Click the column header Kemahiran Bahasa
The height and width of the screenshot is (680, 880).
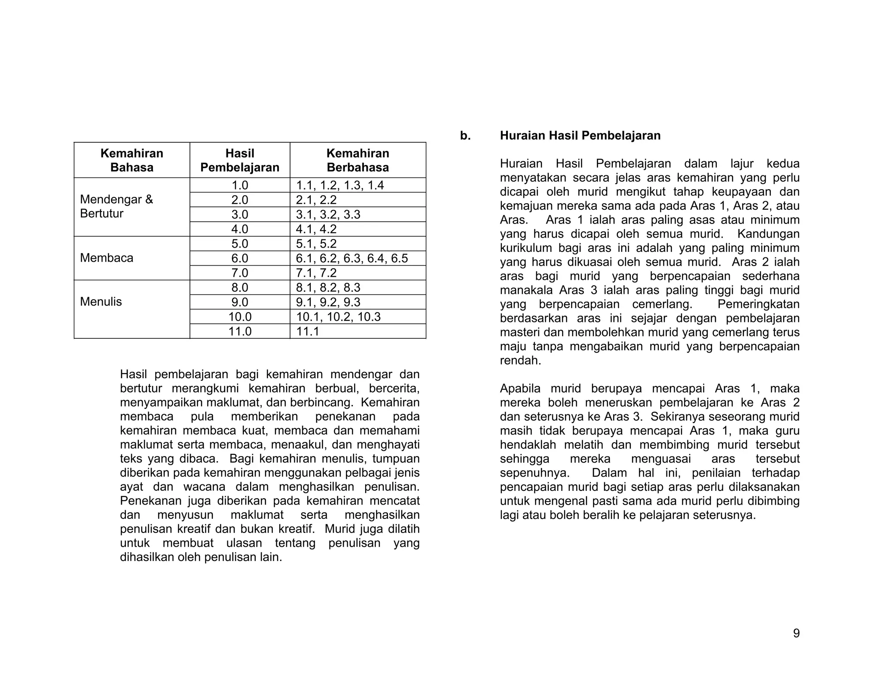coord(131,160)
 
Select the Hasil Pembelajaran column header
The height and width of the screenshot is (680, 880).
coord(240,160)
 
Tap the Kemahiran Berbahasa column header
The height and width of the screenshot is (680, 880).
coord(357,160)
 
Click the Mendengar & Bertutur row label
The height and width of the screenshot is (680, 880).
coord(116,206)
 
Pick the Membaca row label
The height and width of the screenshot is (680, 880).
coord(107,258)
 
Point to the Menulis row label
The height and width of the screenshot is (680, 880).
coord(101,302)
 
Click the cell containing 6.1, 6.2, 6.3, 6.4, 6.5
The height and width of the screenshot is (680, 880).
coord(351,258)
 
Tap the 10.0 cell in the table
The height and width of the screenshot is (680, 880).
coord(240,317)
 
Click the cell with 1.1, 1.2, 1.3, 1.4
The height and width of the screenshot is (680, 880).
coord(340,185)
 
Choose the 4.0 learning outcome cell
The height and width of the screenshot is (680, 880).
coord(240,229)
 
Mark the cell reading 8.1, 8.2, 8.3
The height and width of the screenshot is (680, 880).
coord(328,288)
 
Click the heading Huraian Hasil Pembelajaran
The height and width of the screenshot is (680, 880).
coord(580,136)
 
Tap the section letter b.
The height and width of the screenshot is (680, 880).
coord(465,136)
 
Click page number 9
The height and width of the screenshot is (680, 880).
coord(796,633)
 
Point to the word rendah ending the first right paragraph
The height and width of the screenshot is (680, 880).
coord(520,361)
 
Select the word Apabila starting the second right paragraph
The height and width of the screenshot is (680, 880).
coord(520,389)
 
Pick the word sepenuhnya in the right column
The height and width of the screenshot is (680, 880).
coord(534,473)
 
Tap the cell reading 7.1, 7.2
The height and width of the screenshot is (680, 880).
coord(316,273)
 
